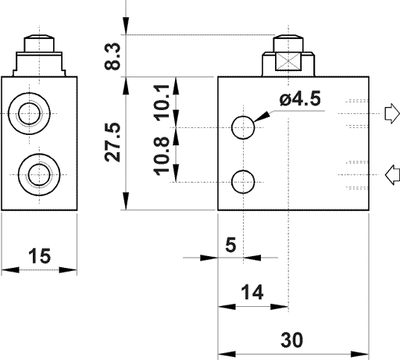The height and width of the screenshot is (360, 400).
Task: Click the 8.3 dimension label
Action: [115, 55]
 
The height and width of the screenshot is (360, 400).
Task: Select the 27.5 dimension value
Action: [115, 141]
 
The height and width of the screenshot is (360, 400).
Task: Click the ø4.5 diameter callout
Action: [299, 99]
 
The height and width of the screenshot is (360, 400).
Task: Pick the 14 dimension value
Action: [251, 292]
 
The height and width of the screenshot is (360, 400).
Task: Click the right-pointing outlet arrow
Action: [392, 114]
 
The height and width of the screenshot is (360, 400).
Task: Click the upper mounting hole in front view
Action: [244, 127]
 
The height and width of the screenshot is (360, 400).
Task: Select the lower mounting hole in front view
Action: [244, 181]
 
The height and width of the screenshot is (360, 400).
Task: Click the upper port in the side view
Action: [33, 112]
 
